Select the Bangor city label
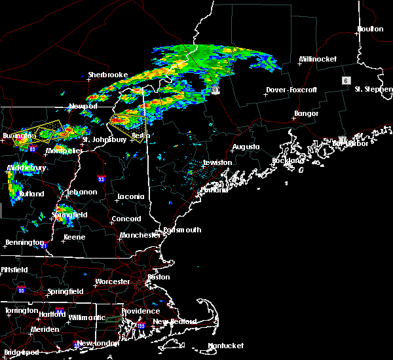click(x=306, y=114)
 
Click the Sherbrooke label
click(x=108, y=75)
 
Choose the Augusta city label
click(x=246, y=147)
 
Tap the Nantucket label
click(x=225, y=346)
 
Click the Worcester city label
click(x=113, y=281)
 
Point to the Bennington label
click(x=24, y=242)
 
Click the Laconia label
click(x=130, y=196)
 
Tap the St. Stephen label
click(x=373, y=89)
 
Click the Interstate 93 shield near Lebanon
click(x=101, y=178)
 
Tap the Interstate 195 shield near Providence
click(x=140, y=325)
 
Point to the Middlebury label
click(x=27, y=168)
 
